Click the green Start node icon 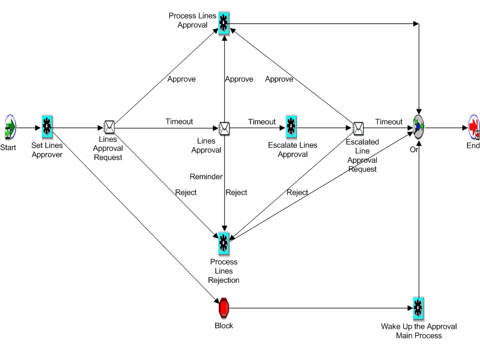(x=10, y=127)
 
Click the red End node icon (x=474, y=127)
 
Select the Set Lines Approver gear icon (x=47, y=127)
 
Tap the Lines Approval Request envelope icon (x=109, y=127)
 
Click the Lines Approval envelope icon (x=224, y=127)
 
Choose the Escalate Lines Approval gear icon (x=291, y=127)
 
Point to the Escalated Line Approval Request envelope (x=358, y=127)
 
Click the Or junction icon (x=419, y=127)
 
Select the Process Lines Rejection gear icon (x=223, y=243)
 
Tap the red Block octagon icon (x=223, y=307)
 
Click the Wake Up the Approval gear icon (x=418, y=308)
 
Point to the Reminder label (x=206, y=177)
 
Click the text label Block (x=223, y=326)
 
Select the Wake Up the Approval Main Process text (x=419, y=331)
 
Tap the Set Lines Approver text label (x=47, y=150)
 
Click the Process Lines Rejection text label (x=223, y=271)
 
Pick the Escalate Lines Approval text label (x=293, y=150)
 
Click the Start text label (x=8, y=147)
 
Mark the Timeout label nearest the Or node (x=389, y=122)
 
